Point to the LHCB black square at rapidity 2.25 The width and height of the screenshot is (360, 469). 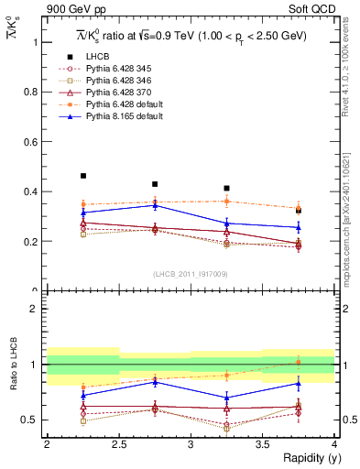(x=83, y=176)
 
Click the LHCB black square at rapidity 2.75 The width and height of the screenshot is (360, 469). (x=155, y=184)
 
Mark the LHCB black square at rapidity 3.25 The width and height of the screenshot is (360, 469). (x=226, y=188)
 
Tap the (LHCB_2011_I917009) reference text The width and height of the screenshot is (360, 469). (x=191, y=273)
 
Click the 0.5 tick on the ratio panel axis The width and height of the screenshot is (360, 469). (x=34, y=420)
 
